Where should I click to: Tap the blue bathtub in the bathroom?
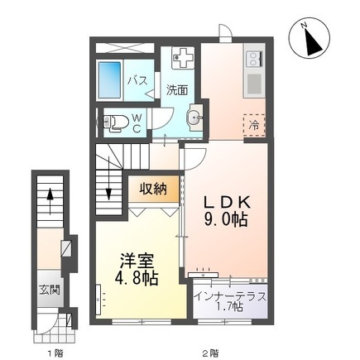109,80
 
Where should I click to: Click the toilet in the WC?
116,122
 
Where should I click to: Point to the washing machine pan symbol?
183,57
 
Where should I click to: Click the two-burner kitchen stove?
254,59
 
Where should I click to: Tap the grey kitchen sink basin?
255,84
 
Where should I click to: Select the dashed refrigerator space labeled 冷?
254,126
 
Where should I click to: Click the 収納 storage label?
153,190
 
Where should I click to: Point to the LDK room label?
227,203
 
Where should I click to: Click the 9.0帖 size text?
225,219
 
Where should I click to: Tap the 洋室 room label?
137,262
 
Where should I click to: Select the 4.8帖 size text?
137,278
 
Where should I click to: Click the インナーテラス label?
230,297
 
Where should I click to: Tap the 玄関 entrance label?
50,290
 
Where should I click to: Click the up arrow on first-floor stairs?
50,201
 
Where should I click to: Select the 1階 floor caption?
55,353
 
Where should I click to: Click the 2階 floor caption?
210,353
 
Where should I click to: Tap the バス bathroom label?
137,80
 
